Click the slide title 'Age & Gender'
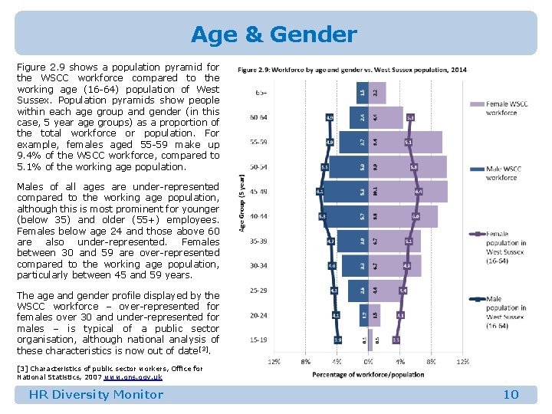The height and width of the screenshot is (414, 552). tap(274, 34)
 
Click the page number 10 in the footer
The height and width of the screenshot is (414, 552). tap(511, 395)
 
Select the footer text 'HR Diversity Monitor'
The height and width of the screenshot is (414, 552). tap(96, 395)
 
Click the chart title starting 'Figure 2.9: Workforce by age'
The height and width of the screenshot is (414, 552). tap(352, 70)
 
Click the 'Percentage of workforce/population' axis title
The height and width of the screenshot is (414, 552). tap(368, 374)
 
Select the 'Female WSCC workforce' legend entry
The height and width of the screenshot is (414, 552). tap(507, 108)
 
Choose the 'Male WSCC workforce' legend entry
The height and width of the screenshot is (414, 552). tap(501, 172)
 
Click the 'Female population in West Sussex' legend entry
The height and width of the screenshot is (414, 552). tap(507, 246)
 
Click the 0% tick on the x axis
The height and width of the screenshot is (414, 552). tap(369, 361)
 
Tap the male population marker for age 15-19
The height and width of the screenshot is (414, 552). tap(338, 340)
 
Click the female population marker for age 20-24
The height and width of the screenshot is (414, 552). tap(400, 315)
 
